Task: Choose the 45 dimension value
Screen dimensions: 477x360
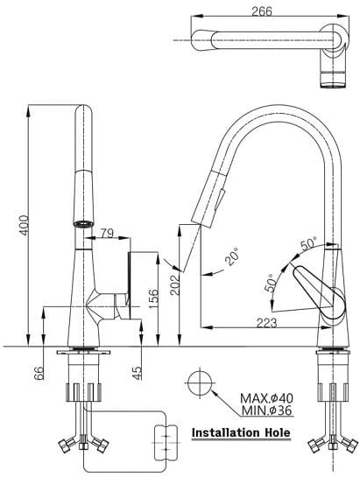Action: coord(138,373)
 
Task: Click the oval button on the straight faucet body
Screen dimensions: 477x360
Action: coord(83,223)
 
